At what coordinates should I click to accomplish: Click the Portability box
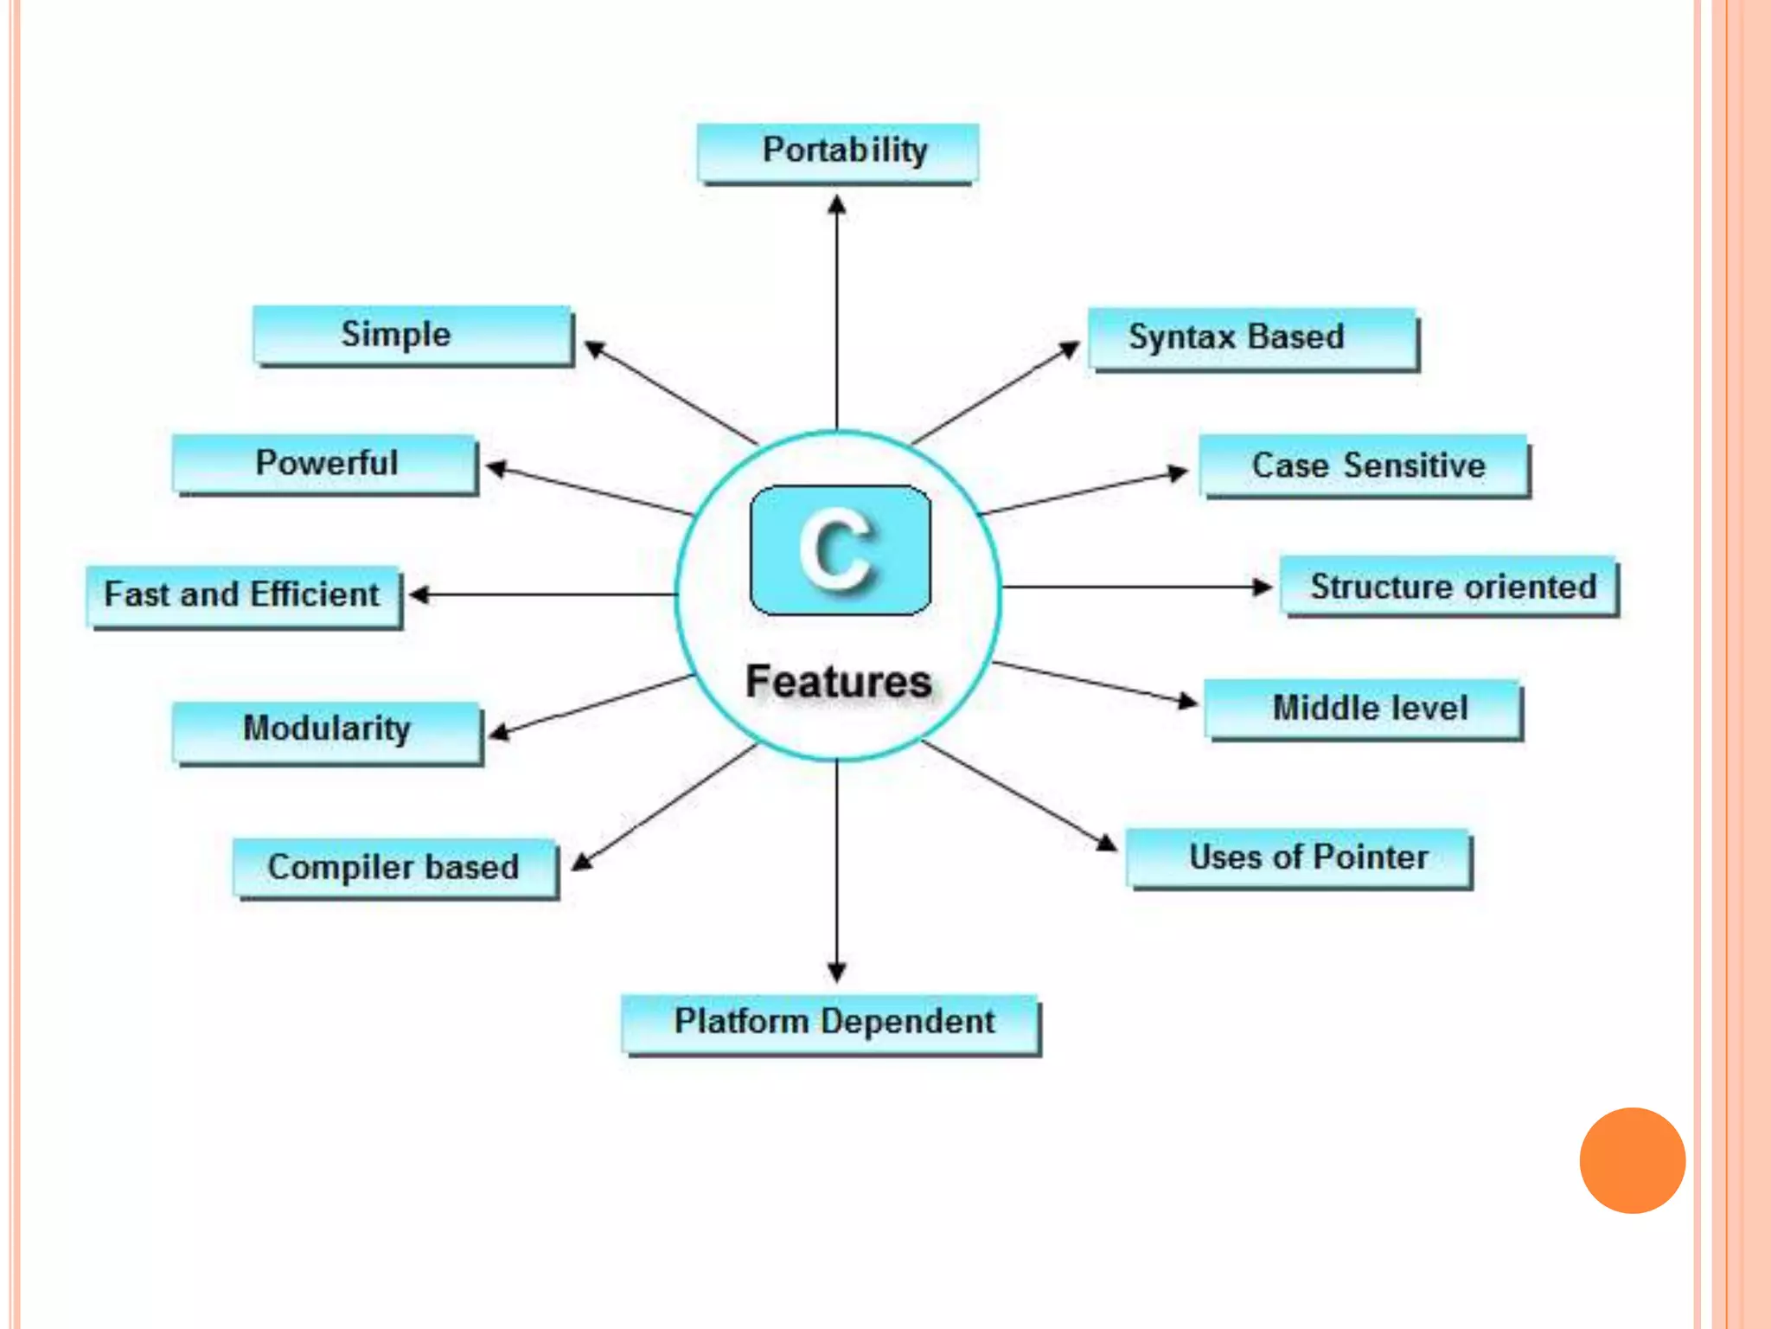(837, 152)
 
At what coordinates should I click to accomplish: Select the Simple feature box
(412, 335)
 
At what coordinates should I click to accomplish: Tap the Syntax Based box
(1252, 337)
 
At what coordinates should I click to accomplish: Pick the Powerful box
(325, 464)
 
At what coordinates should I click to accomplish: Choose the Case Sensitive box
(1364, 465)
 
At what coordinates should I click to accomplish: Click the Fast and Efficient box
(243, 595)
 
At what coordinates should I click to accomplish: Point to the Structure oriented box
(1449, 587)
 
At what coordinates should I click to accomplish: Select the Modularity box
(327, 729)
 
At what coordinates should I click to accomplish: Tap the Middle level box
(1364, 709)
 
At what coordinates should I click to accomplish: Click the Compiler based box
(394, 867)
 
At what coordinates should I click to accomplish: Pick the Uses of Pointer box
(1299, 857)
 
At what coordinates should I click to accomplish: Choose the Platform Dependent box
(831, 1023)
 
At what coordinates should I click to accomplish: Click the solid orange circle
(1632, 1160)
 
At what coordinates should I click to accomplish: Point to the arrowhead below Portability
(836, 205)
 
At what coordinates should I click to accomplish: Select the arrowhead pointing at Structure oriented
(1263, 587)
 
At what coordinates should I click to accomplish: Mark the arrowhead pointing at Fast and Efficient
(419, 594)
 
